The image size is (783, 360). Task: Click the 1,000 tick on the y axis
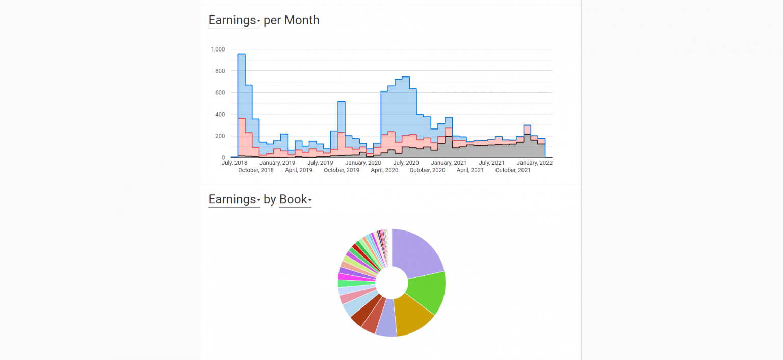(x=217, y=49)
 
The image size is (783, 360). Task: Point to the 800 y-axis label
(x=219, y=71)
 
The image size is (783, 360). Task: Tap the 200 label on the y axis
(x=219, y=136)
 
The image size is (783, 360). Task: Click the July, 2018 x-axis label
(x=234, y=163)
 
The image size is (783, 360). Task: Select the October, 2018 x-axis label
(x=256, y=170)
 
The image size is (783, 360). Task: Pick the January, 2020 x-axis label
(x=363, y=163)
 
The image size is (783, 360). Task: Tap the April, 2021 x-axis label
(x=470, y=170)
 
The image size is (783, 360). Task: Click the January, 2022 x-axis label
(x=534, y=163)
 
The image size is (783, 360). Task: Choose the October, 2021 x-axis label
(x=513, y=170)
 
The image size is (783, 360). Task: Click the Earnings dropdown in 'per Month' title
(x=234, y=20)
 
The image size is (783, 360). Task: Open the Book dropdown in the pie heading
(x=295, y=199)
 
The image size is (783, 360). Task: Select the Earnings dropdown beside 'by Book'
(x=234, y=199)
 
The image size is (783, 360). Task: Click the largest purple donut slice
(x=415, y=252)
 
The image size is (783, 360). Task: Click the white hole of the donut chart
(x=392, y=282)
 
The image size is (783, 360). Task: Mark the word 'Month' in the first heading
(x=302, y=20)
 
